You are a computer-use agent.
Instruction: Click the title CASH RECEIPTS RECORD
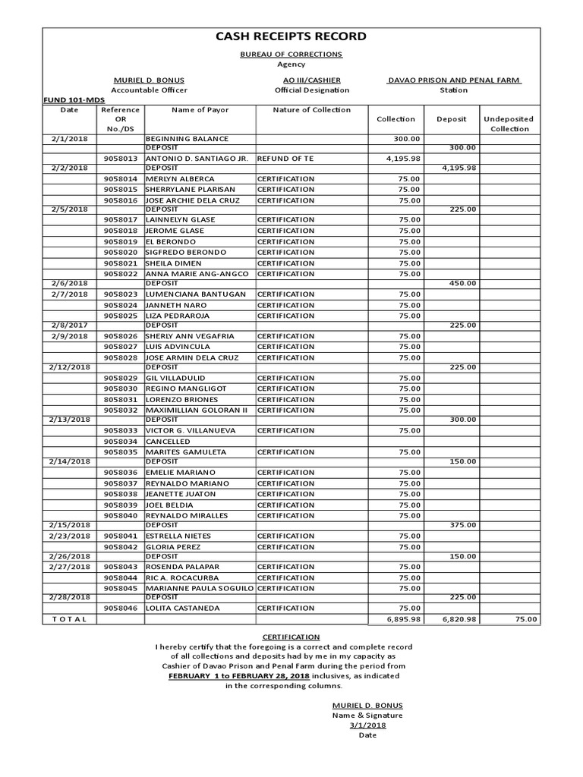tap(292, 36)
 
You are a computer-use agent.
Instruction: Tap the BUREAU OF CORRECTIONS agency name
tap(291, 55)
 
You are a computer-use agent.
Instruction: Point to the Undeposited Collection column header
tap(509, 124)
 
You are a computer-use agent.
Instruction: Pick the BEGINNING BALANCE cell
tap(187, 140)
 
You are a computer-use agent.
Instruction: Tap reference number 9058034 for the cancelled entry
tap(121, 441)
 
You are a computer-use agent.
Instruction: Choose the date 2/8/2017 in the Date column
tap(70, 325)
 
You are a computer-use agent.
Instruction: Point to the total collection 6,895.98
tap(399, 619)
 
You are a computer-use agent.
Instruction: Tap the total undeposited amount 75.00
tap(525, 619)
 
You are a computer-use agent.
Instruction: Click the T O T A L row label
tap(70, 619)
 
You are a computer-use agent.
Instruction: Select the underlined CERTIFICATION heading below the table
tap(291, 637)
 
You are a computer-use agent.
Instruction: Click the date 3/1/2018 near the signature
tap(367, 725)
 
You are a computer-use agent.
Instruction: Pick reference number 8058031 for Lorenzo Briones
tap(121, 399)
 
